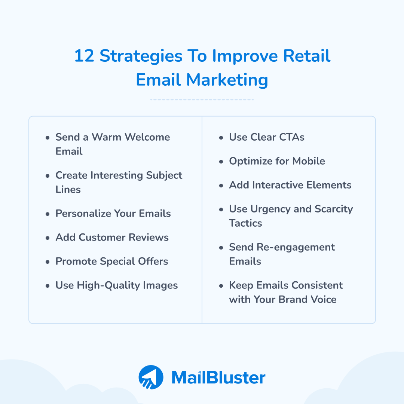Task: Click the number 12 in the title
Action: pyautogui.click(x=84, y=56)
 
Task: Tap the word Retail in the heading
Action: pyautogui.click(x=307, y=56)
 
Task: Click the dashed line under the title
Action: pyautogui.click(x=202, y=100)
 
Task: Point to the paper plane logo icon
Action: pyautogui.click(x=151, y=377)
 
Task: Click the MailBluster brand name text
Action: pyautogui.click(x=218, y=377)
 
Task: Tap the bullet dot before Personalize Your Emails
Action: pyautogui.click(x=48, y=214)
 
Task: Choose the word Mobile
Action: pyautogui.click(x=309, y=161)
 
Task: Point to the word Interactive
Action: pyautogui.click(x=280, y=185)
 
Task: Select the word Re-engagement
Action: pyautogui.click(x=296, y=247)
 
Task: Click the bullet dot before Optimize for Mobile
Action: pyautogui.click(x=221, y=162)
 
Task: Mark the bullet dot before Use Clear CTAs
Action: pyautogui.click(x=221, y=138)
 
